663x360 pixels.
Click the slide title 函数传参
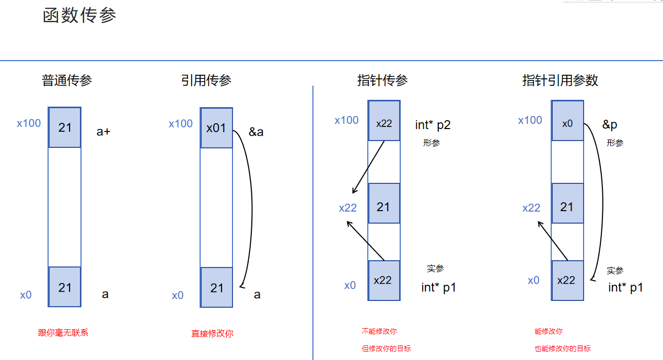(79, 15)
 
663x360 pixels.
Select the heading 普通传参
(67, 80)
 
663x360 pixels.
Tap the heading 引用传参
(206, 80)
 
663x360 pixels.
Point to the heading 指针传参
(382, 80)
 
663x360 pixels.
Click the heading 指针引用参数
(560, 80)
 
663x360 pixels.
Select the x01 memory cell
(216, 128)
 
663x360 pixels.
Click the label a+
(103, 132)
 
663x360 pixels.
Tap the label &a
(256, 132)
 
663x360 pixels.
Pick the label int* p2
(433, 124)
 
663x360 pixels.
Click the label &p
(610, 124)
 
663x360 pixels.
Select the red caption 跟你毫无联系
(63, 333)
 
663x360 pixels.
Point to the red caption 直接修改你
(212, 333)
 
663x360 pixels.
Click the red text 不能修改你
(379, 331)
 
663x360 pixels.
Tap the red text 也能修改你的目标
(563, 349)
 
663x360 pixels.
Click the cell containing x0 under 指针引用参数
(567, 124)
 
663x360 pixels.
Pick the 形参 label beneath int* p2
(432, 143)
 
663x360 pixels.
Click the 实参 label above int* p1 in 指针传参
(435, 269)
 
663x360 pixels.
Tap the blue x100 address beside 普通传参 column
(29, 124)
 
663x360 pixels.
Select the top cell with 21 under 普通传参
(65, 127)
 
